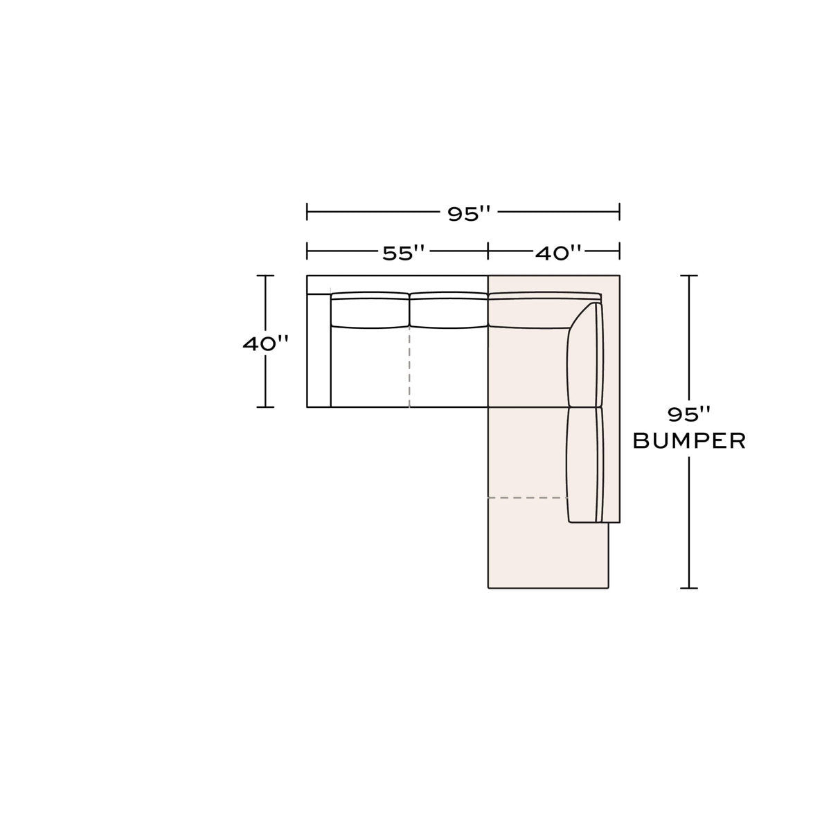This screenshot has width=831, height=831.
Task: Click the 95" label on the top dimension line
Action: point(469,213)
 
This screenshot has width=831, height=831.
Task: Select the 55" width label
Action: point(404,253)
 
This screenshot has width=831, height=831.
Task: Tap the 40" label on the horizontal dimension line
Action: point(557,253)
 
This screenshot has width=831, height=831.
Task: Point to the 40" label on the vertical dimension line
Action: point(265,343)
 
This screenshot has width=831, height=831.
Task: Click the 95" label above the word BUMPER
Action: point(688,414)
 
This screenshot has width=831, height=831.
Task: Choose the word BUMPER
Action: point(689,441)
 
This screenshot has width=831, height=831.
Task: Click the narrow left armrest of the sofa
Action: point(319,350)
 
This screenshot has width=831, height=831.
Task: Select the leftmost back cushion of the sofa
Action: point(370,310)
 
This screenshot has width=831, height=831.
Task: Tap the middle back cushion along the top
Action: point(449,310)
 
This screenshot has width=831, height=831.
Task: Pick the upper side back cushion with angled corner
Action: point(584,356)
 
